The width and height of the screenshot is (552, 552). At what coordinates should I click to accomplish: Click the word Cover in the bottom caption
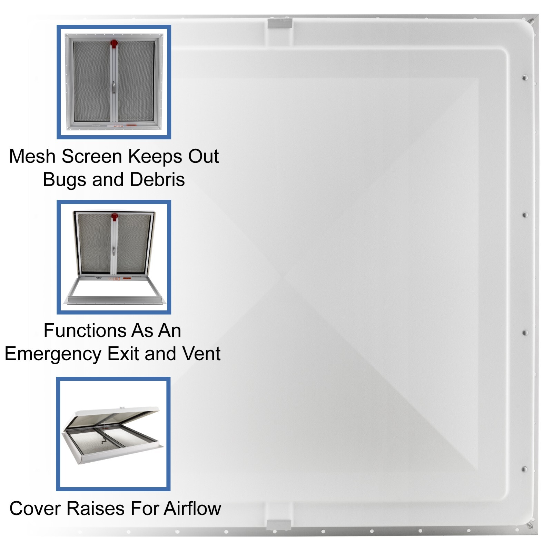(x=36, y=509)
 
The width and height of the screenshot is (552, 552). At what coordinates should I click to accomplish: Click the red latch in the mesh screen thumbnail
(x=114, y=44)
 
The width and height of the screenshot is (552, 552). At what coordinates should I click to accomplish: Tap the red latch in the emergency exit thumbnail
(x=115, y=217)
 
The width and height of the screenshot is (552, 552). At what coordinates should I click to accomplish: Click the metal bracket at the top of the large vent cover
(x=280, y=23)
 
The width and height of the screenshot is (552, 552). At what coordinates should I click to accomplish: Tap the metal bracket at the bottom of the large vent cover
(x=279, y=525)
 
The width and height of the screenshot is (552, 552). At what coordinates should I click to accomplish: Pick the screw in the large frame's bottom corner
(x=530, y=526)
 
